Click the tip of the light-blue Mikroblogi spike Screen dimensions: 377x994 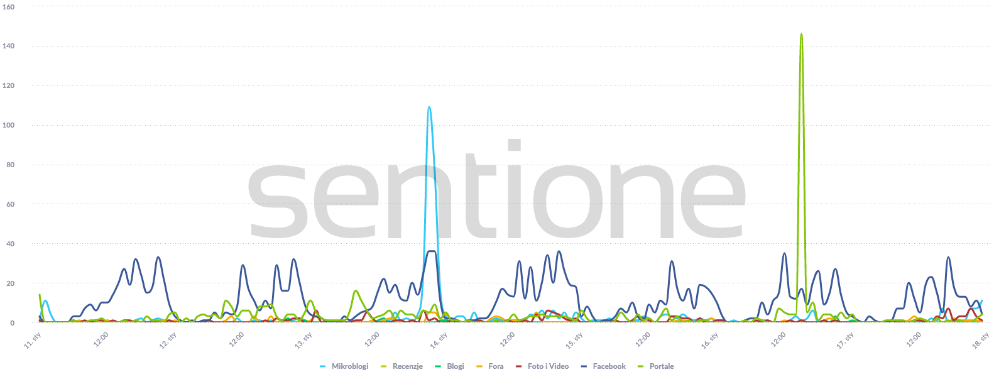[x=429, y=107]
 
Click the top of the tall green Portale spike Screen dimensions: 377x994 [x=801, y=35]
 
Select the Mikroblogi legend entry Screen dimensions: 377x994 [x=349, y=366]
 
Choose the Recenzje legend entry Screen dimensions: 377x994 [x=407, y=366]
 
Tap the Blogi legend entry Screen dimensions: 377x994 [x=455, y=366]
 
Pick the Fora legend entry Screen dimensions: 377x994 [x=495, y=366]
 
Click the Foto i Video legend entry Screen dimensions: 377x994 [x=548, y=366]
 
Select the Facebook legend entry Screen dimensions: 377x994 [x=609, y=366]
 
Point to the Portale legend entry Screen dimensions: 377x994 [x=661, y=366]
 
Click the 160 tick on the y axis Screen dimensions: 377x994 [x=9, y=7]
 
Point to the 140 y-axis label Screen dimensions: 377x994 [x=9, y=46]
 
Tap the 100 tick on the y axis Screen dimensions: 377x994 [x=9, y=126]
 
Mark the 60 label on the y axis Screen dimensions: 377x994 [x=10, y=205]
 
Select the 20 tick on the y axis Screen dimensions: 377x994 [x=10, y=284]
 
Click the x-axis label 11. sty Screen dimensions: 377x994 [x=33, y=341]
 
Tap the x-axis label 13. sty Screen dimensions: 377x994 [x=303, y=341]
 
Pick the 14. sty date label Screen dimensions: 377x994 [x=439, y=341]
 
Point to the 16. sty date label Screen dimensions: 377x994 [x=710, y=341]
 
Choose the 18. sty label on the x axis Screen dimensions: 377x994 [x=981, y=341]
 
